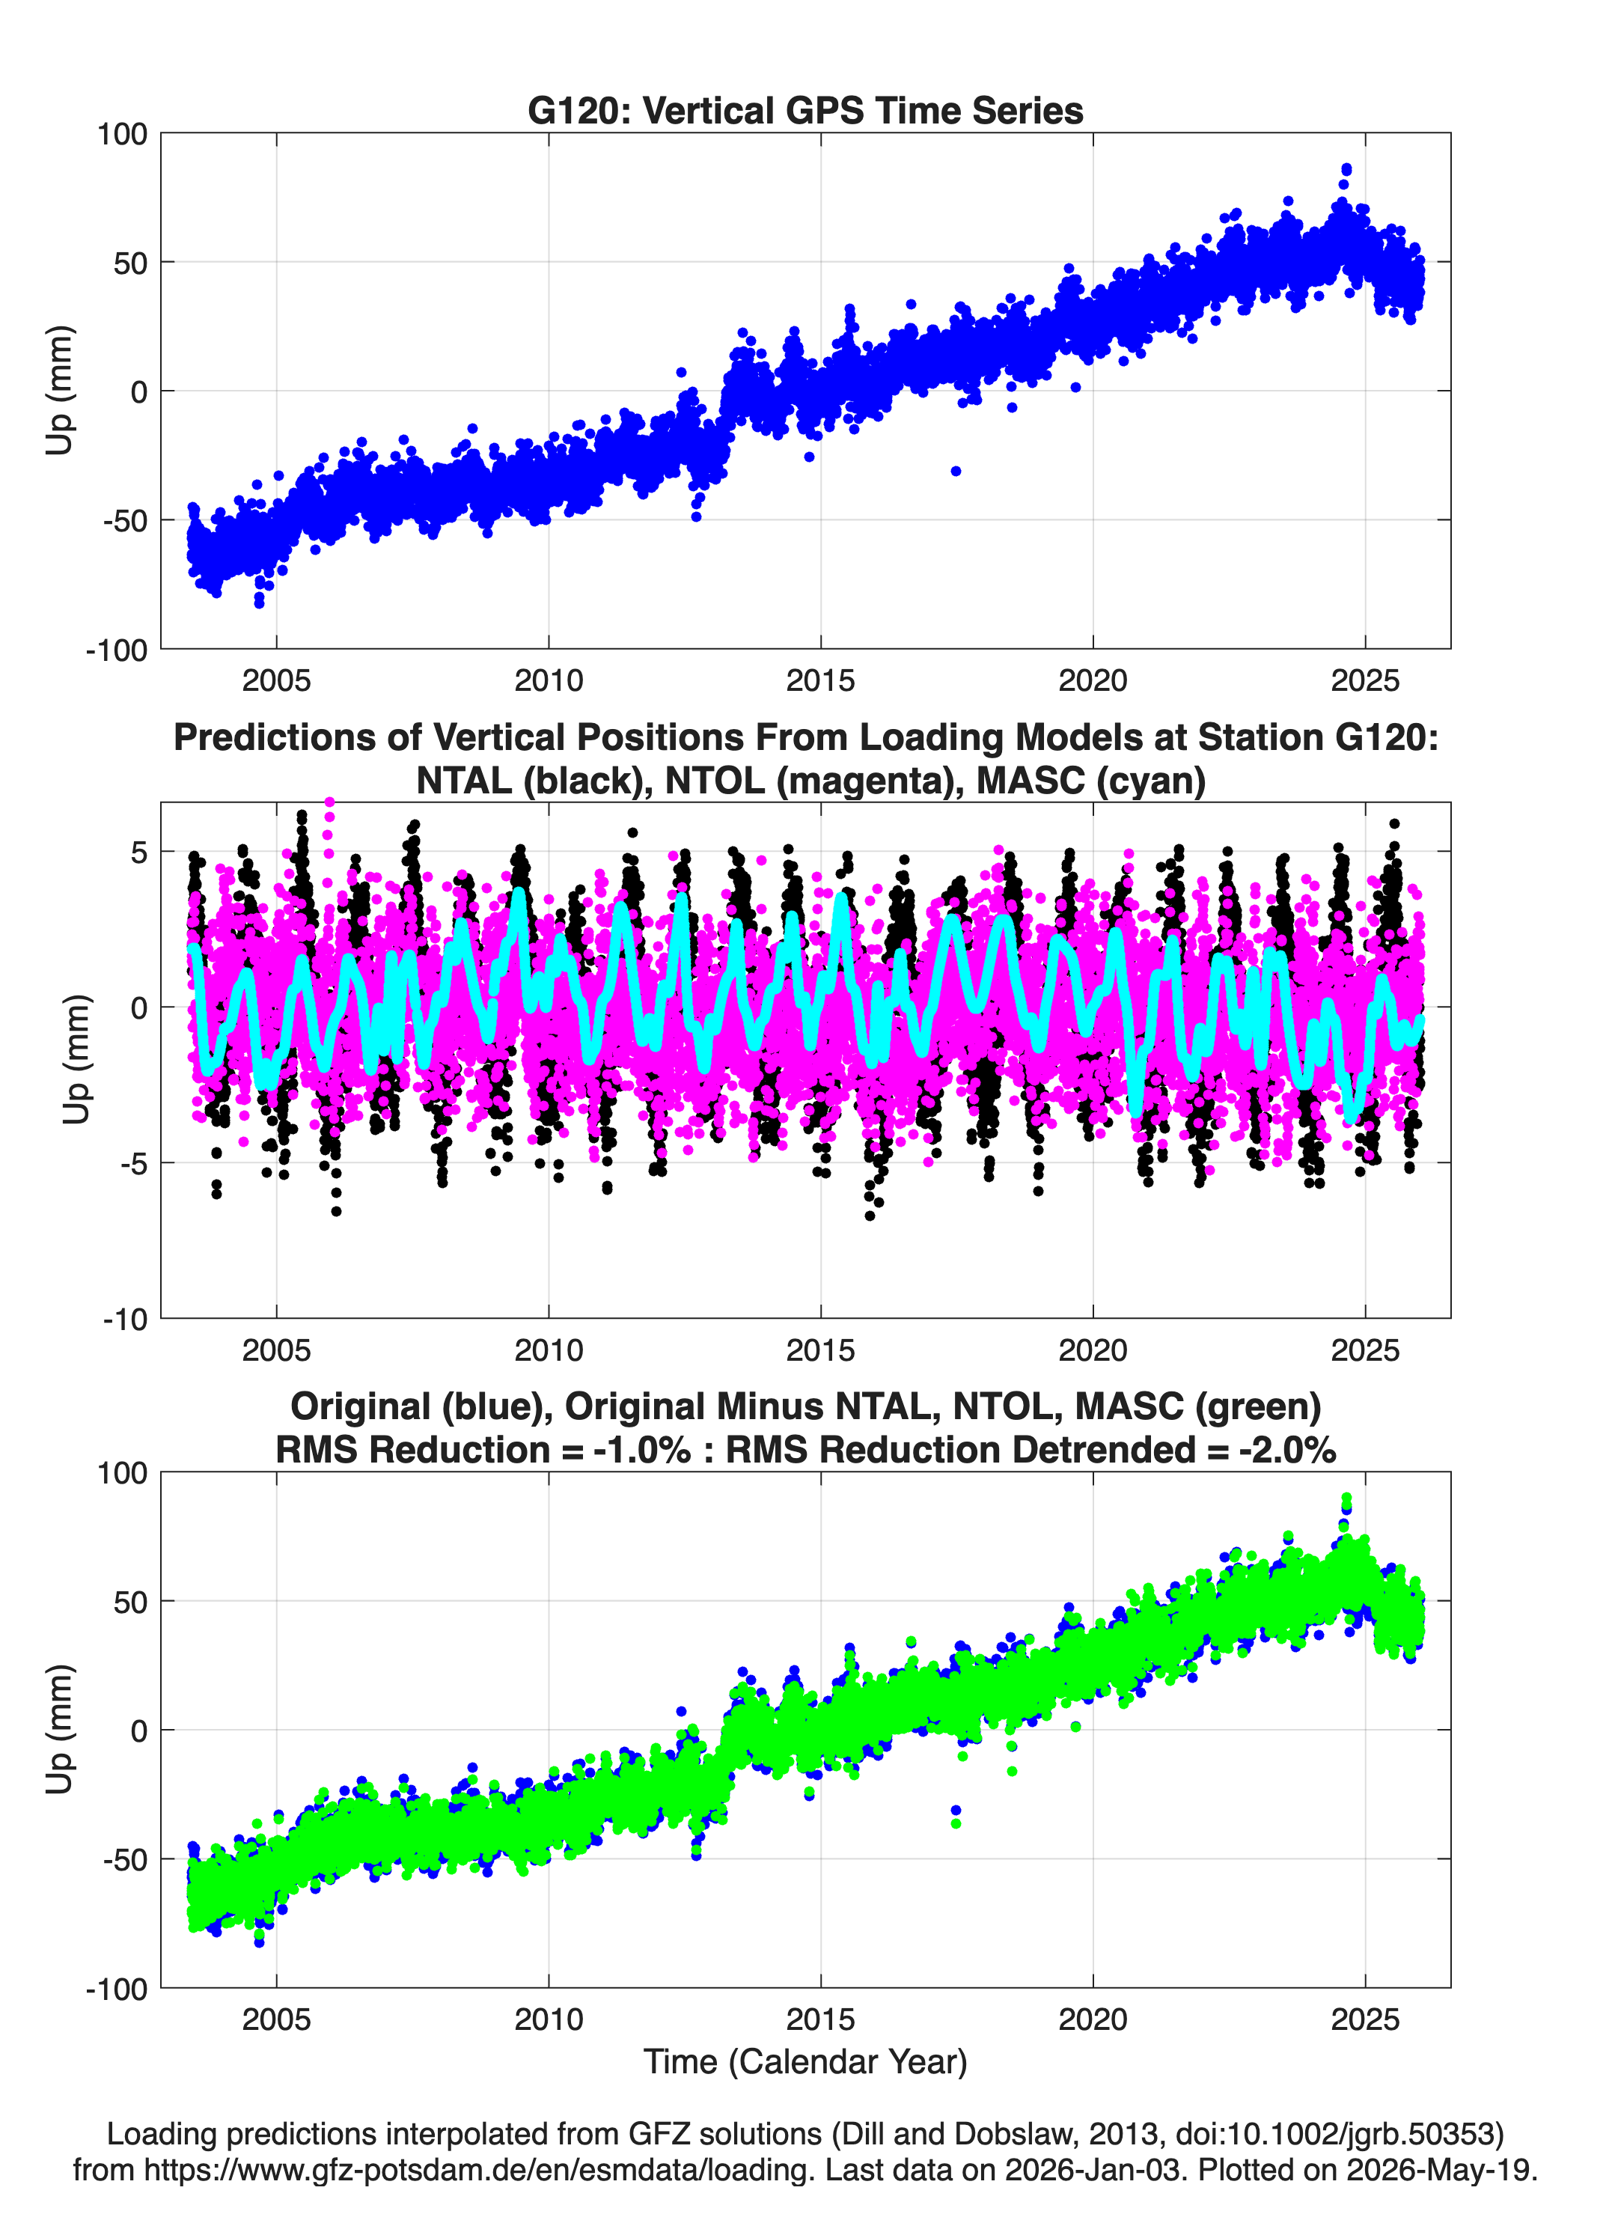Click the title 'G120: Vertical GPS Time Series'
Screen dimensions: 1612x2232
(805, 110)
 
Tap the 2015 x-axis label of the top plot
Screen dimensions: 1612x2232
(821, 680)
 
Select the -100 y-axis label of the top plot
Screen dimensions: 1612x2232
(116, 650)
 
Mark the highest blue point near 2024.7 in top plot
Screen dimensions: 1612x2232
(1346, 169)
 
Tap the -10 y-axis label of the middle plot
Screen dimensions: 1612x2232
(125, 1319)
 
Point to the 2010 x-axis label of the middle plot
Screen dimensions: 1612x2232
(548, 1350)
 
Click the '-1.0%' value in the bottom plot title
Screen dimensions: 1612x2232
(641, 1450)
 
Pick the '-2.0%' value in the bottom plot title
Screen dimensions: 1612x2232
(1287, 1450)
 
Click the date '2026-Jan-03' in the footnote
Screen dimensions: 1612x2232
(1093, 2169)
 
